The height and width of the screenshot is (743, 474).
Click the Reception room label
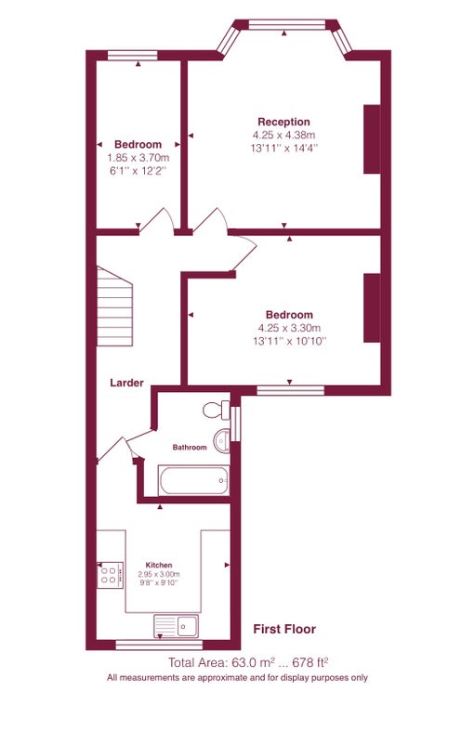283,122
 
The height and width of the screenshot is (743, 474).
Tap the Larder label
126,383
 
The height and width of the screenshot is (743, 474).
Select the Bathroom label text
190,447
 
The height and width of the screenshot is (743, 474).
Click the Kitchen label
159,565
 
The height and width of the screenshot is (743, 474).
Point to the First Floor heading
284,629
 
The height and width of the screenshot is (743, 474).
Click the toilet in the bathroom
217,410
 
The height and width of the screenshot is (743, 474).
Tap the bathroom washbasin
221,440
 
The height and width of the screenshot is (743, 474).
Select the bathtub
193,480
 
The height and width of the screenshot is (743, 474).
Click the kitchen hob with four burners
110,575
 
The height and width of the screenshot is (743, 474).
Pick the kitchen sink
176,626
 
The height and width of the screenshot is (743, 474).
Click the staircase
114,306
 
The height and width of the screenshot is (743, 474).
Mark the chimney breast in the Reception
372,138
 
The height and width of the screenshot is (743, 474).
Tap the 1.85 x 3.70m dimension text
138,157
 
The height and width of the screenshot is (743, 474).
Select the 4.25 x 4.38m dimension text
283,135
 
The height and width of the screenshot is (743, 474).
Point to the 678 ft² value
311,662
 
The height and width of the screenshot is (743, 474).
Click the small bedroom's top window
133,56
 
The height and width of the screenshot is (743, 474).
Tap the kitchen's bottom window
159,645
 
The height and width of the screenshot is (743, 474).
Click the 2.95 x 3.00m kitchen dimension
159,574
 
